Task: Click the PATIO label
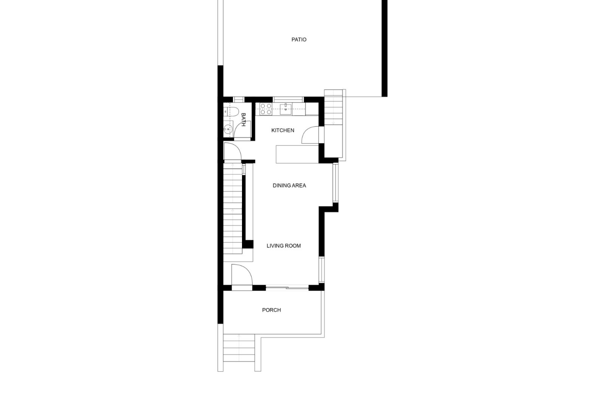point(299,40)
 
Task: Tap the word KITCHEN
point(283,130)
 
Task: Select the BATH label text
point(243,120)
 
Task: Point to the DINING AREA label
point(289,186)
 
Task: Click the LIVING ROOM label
point(284,246)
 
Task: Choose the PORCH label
point(271,310)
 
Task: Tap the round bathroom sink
point(228,129)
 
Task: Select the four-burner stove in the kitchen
point(266,109)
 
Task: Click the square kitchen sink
point(286,109)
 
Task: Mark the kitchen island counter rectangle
point(297,154)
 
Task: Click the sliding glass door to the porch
point(287,288)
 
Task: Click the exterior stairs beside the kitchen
point(333,107)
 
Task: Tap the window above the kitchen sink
point(288,99)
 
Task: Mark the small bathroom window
point(239,99)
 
